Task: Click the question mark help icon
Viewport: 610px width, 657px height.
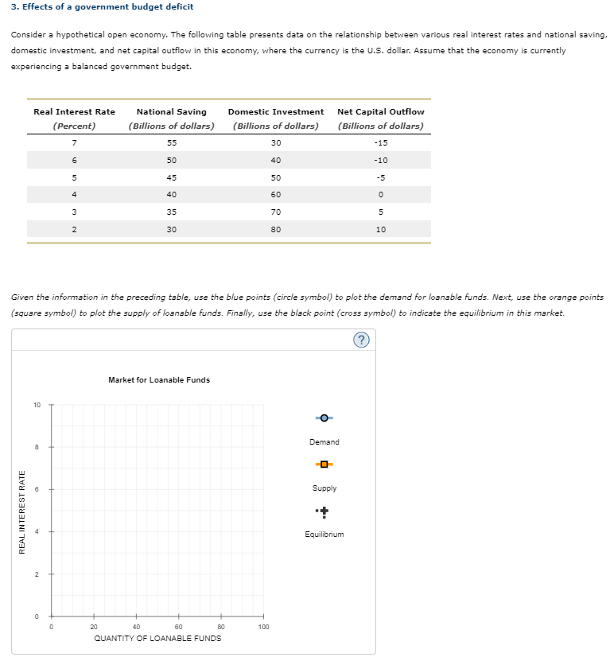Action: coord(362,341)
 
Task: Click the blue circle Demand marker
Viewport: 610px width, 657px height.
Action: coord(324,418)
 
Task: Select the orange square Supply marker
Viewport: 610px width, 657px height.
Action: coord(324,464)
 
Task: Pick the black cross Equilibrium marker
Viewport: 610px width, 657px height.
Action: coord(324,511)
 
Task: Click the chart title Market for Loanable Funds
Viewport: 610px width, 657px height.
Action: coord(159,380)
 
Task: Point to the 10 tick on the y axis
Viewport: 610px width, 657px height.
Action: coord(37,405)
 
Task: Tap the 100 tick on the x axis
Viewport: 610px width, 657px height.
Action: coord(263,627)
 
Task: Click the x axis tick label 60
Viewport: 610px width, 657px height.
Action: coord(178,627)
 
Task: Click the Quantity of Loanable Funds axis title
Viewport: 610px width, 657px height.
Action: coord(157,638)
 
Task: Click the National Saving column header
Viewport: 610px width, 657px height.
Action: coord(172,111)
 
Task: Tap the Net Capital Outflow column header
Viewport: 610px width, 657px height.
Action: coord(381,111)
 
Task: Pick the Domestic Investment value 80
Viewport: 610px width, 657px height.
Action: coord(276,229)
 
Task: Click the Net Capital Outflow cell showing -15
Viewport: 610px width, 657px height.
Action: coord(381,142)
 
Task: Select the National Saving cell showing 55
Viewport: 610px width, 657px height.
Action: coord(172,142)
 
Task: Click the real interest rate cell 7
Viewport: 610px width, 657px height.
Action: coord(74,142)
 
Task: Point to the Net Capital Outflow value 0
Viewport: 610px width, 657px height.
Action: coord(381,195)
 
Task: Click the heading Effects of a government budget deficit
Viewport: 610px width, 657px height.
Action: coord(91,6)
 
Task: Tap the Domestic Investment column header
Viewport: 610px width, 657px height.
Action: coord(276,111)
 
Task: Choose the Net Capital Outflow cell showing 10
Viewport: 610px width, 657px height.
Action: coord(381,229)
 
